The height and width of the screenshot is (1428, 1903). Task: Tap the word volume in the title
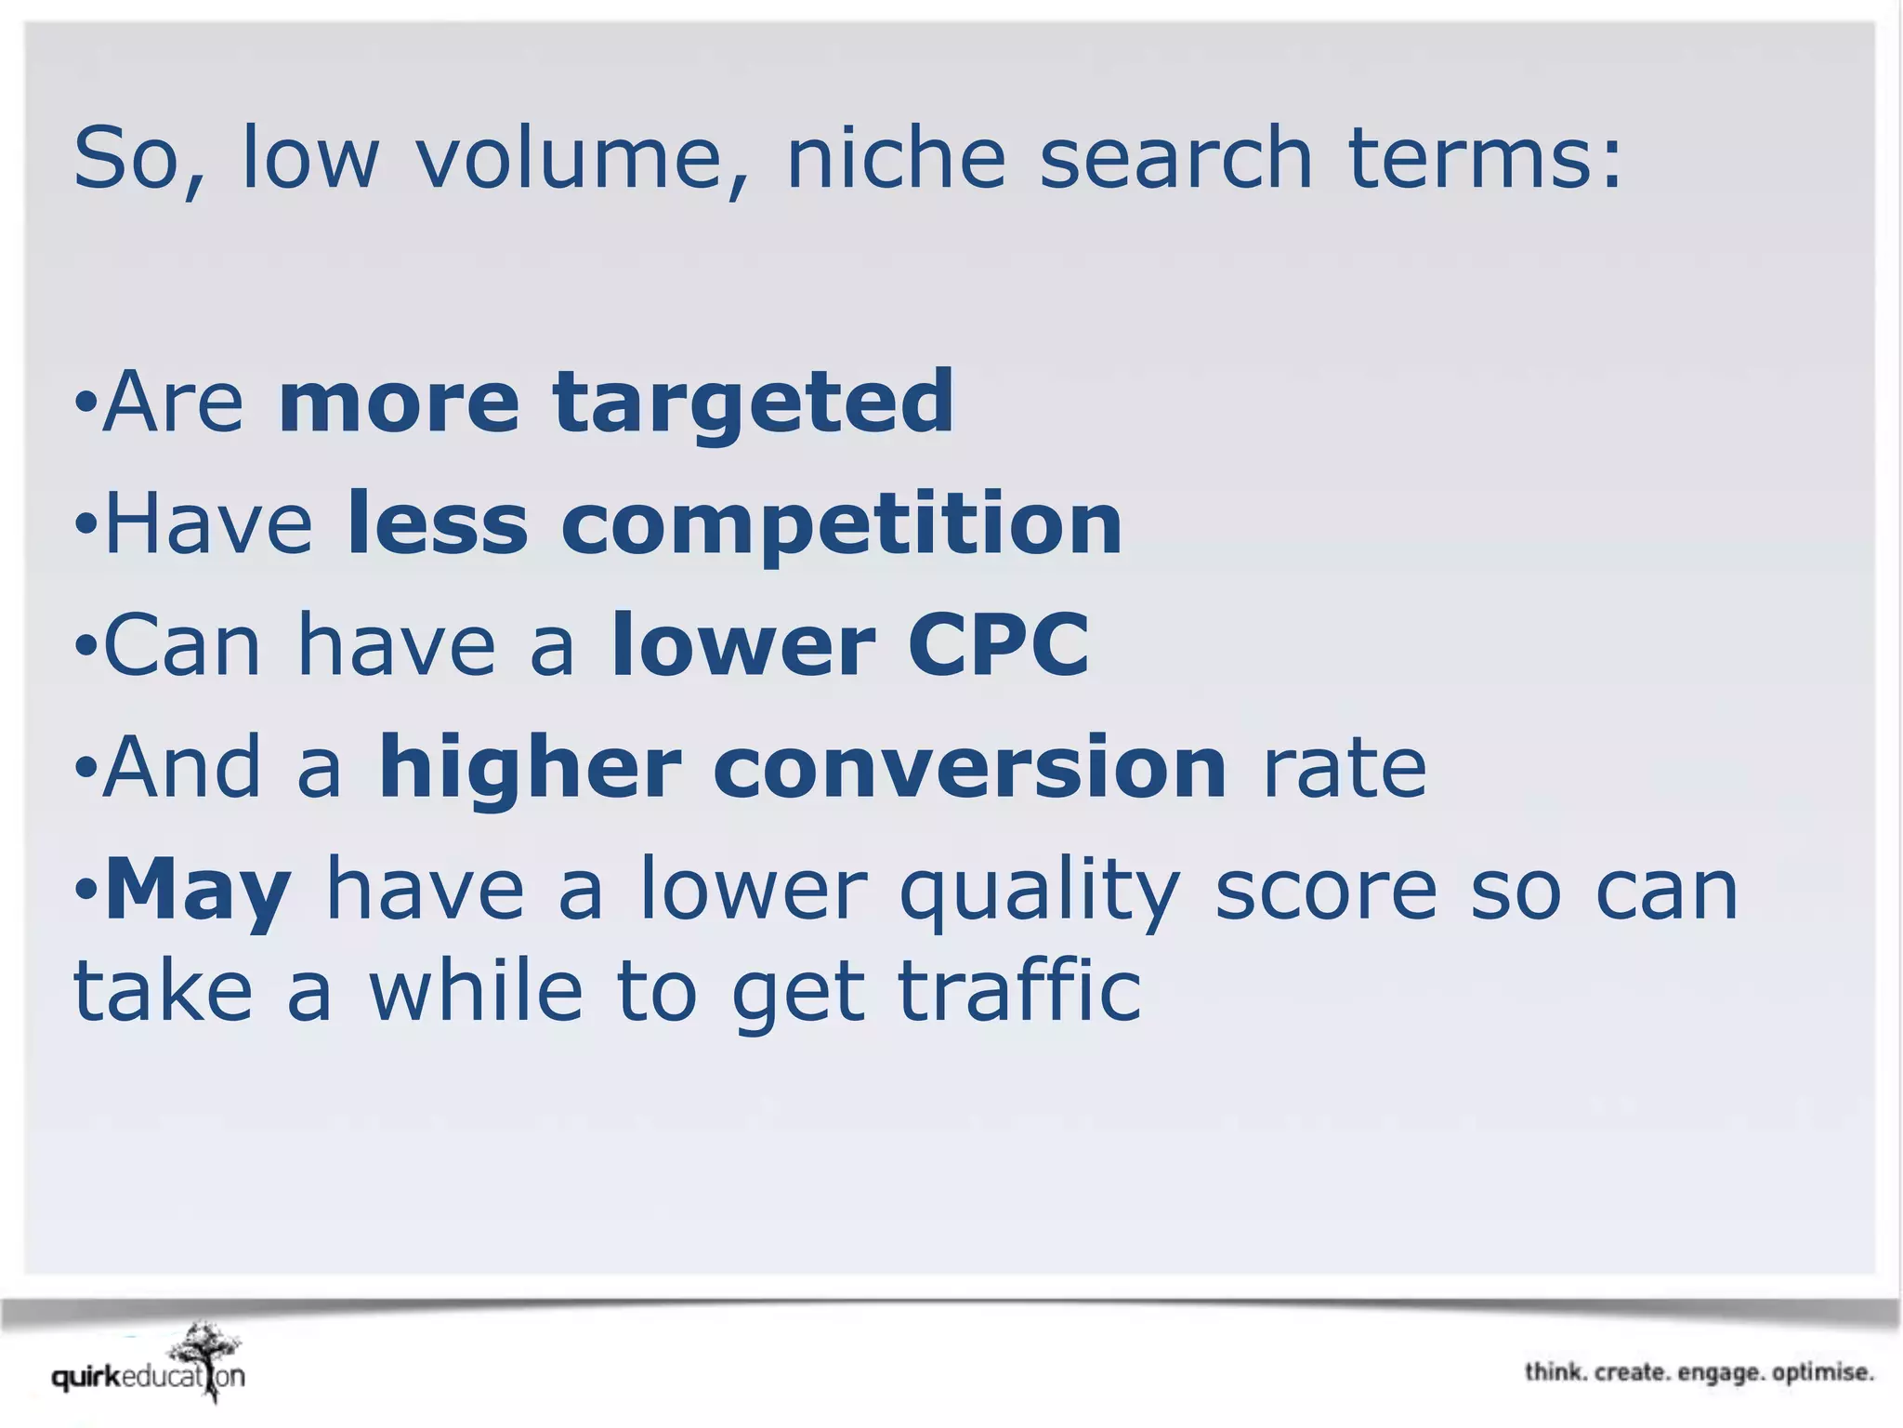569,158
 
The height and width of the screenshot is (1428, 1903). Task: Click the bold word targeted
754,402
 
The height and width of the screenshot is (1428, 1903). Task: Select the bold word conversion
970,767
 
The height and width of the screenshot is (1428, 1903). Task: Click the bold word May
198,891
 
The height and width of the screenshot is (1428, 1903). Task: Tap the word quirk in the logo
86,1378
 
